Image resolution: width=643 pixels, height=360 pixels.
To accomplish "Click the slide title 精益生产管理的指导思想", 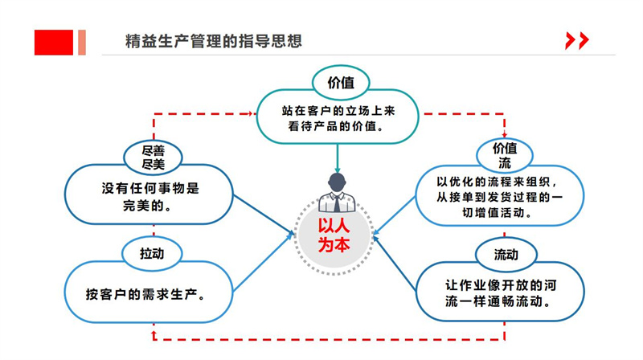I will pos(214,42).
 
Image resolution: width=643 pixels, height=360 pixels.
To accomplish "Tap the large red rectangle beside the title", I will pos(54,43).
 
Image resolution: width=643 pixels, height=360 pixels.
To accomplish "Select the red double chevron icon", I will pos(576,41).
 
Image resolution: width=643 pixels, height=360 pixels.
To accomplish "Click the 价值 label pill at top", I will pos(338,82).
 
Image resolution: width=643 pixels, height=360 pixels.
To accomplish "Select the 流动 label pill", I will pos(506,256).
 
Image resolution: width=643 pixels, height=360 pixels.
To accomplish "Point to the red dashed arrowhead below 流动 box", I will pos(506,324).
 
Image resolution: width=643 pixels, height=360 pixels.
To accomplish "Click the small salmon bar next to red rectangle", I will pos(81,43).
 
